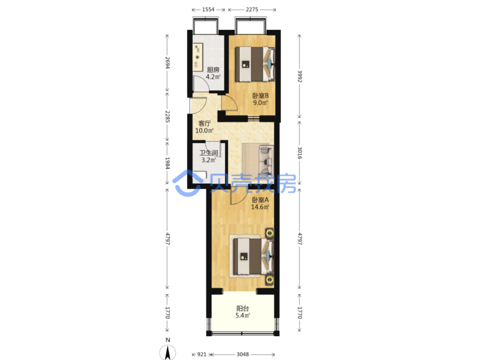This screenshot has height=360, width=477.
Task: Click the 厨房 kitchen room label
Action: pyautogui.click(x=213, y=70)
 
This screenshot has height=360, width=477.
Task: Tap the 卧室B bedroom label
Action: pyautogui.click(x=260, y=95)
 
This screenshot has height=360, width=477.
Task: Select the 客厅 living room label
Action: pyautogui.click(x=204, y=124)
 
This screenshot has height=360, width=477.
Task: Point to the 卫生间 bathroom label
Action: pyautogui.click(x=209, y=153)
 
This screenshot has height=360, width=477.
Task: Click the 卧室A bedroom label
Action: pyautogui.click(x=260, y=200)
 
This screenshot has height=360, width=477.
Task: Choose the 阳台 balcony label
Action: pyautogui.click(x=243, y=308)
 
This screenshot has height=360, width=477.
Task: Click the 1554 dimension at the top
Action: pyautogui.click(x=208, y=9)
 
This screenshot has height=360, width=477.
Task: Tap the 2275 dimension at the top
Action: pyautogui.click(x=252, y=9)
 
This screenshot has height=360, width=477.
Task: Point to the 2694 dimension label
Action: pyautogui.click(x=167, y=63)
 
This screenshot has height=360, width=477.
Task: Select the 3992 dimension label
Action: pyautogui.click(x=300, y=76)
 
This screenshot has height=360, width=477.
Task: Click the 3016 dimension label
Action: pyautogui.click(x=300, y=153)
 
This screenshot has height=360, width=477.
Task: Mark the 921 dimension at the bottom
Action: pyautogui.click(x=201, y=355)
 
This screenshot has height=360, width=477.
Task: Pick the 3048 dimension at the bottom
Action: pyautogui.click(x=243, y=355)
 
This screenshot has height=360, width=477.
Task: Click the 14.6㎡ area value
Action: pyautogui.click(x=260, y=207)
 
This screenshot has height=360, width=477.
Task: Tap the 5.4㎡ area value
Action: pyautogui.click(x=243, y=316)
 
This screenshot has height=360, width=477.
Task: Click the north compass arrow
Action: pyautogui.click(x=168, y=353)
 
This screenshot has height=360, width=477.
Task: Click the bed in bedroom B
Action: pyautogui.click(x=255, y=64)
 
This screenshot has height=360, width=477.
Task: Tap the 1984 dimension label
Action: pyautogui.click(x=167, y=163)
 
